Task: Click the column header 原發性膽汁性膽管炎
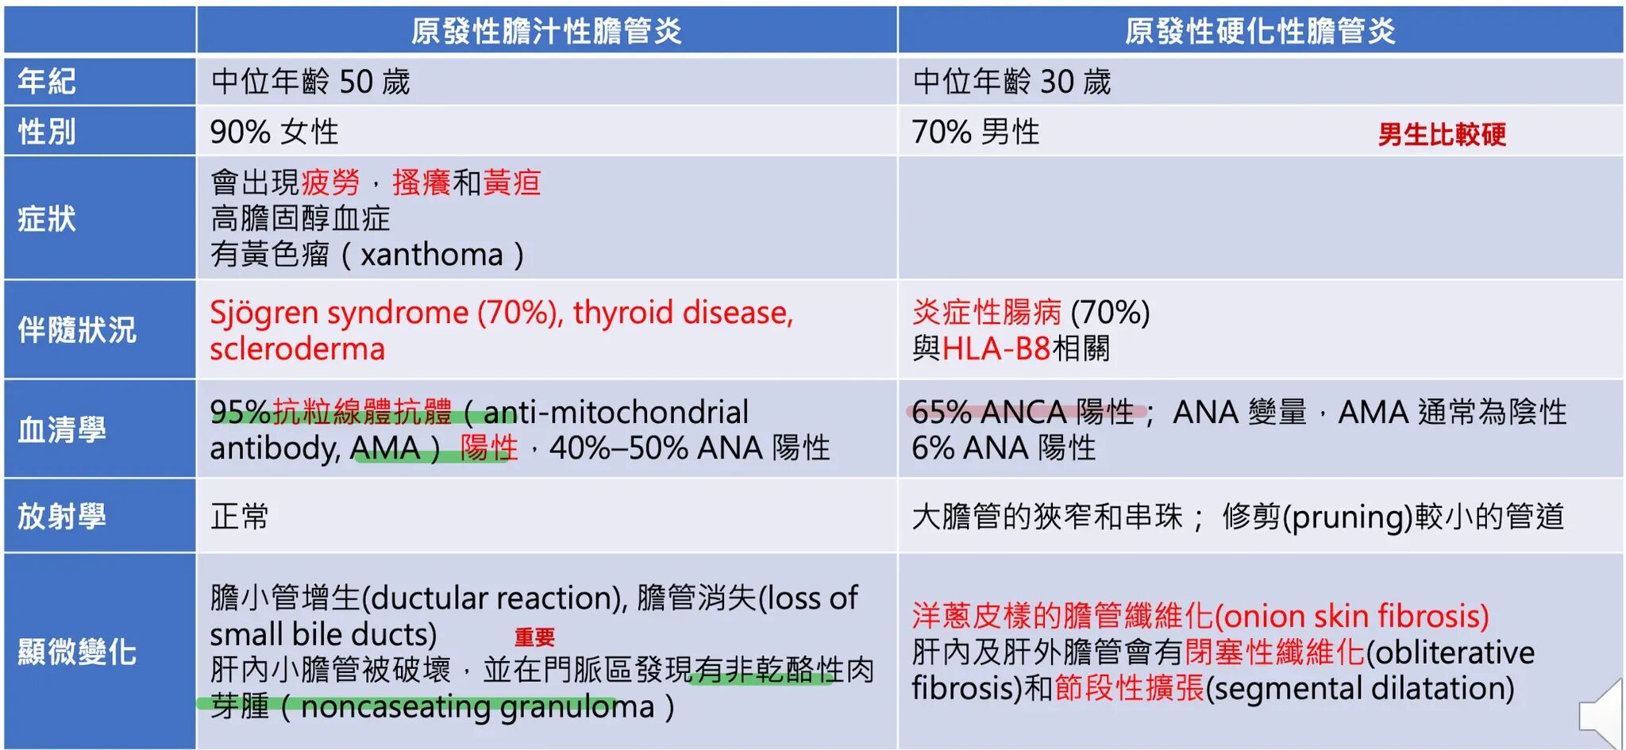point(546,31)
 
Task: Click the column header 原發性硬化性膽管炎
point(1260,31)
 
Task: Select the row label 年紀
point(47,81)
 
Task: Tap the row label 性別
point(47,131)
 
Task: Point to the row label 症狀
point(47,218)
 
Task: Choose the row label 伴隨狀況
point(77,329)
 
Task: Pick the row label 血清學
point(62,429)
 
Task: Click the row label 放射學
point(62,516)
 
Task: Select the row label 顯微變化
point(77,652)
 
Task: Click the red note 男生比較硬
point(1442,134)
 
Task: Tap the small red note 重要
point(534,637)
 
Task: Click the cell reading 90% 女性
point(274,132)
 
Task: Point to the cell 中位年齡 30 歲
point(1011,81)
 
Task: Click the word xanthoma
point(432,255)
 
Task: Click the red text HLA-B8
point(996,348)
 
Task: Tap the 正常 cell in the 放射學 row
point(240,517)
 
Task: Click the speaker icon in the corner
point(1601,714)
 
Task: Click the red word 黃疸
point(512,183)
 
